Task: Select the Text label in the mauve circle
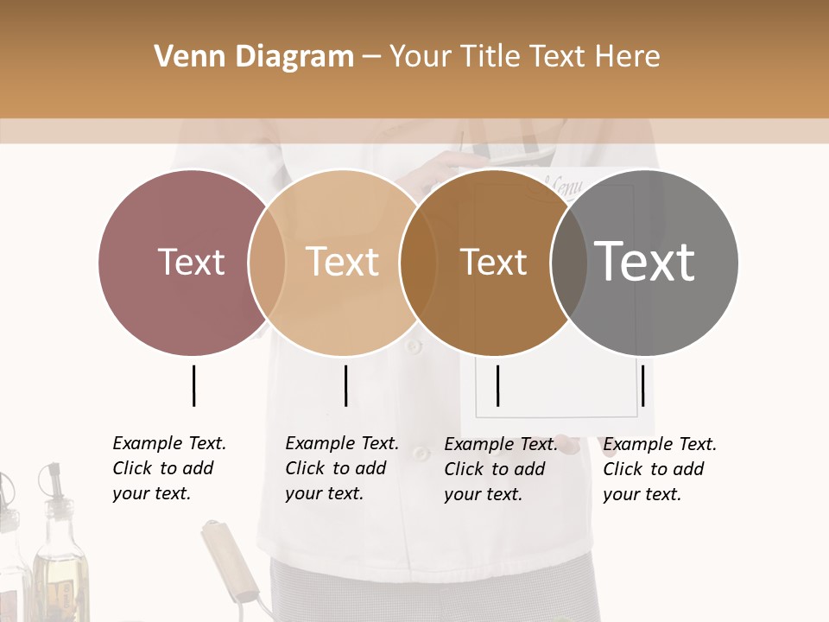click(x=191, y=262)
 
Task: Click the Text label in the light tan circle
click(x=342, y=262)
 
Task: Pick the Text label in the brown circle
click(x=493, y=262)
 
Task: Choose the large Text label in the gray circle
click(x=645, y=262)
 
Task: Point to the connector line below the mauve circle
click(x=193, y=385)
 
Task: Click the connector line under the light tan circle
click(x=345, y=385)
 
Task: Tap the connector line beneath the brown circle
click(x=497, y=385)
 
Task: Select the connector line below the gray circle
click(x=642, y=385)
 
